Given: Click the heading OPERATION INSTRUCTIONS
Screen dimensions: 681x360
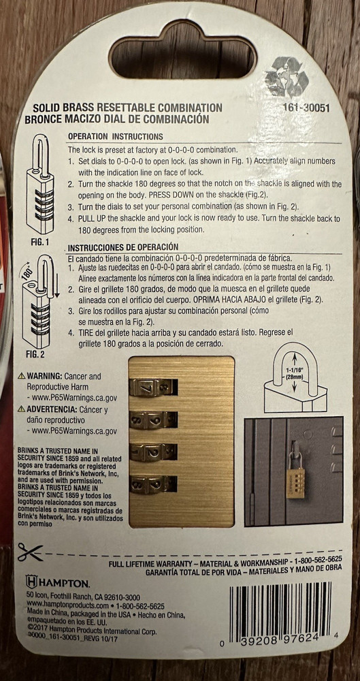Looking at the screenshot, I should (115, 136).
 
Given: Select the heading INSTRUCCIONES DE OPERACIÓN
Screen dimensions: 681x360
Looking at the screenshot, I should (123, 247).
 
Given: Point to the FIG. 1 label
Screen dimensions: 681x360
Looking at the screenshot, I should (39, 241).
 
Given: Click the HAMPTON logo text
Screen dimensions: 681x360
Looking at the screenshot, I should (58, 583).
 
